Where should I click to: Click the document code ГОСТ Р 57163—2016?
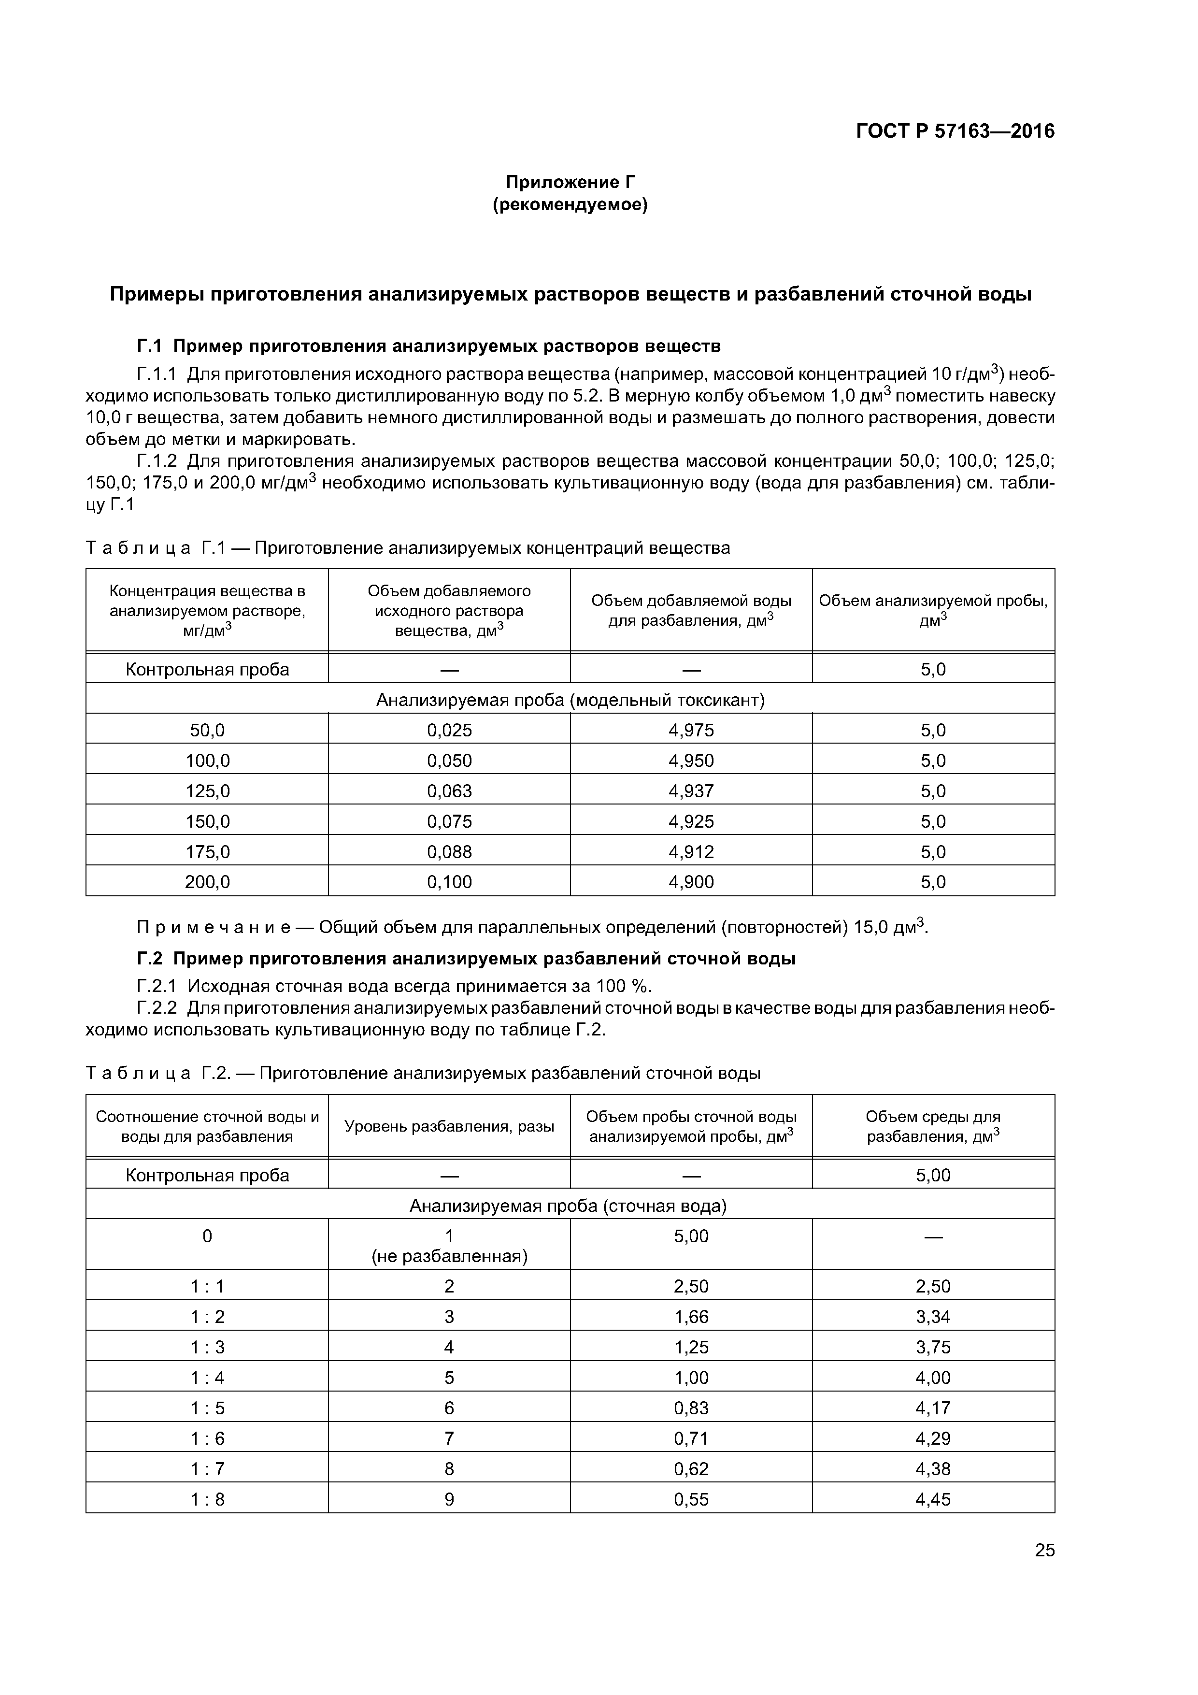point(955,131)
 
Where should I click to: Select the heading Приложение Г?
point(570,182)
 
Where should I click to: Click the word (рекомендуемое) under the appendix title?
point(570,204)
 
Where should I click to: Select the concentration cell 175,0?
point(207,852)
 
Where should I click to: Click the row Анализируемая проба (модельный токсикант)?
point(570,699)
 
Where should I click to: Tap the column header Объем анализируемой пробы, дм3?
point(933,610)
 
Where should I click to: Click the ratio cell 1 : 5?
point(207,1408)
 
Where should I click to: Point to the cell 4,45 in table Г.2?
point(933,1499)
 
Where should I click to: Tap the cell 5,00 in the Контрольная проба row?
point(933,1175)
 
